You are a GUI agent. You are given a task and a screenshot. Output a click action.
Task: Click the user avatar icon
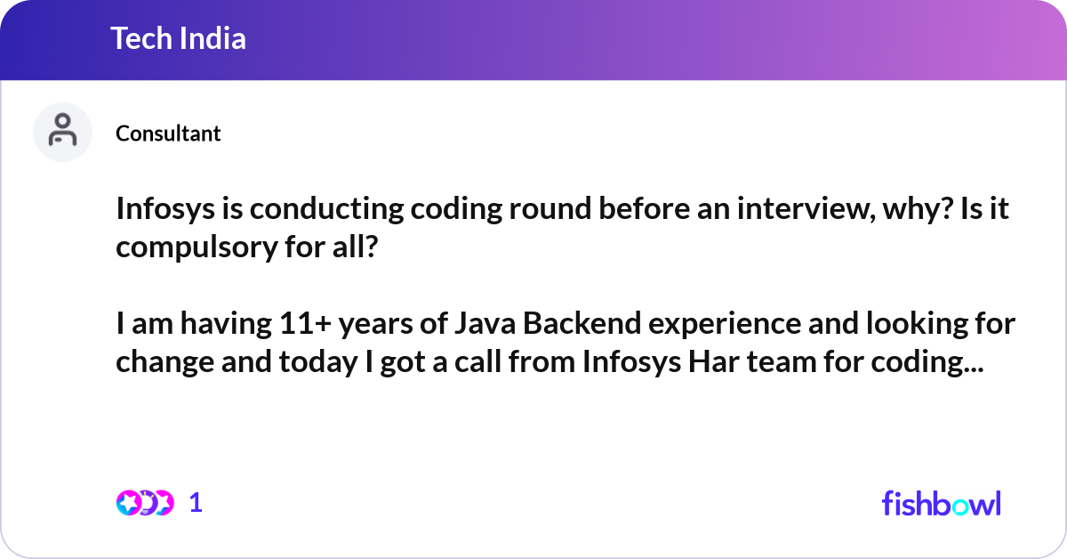coord(62,132)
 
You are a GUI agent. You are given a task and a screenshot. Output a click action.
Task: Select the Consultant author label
coord(168,134)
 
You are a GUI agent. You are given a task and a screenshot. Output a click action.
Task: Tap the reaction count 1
coord(196,503)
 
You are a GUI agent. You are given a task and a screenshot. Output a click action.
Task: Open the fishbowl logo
coord(941,503)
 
